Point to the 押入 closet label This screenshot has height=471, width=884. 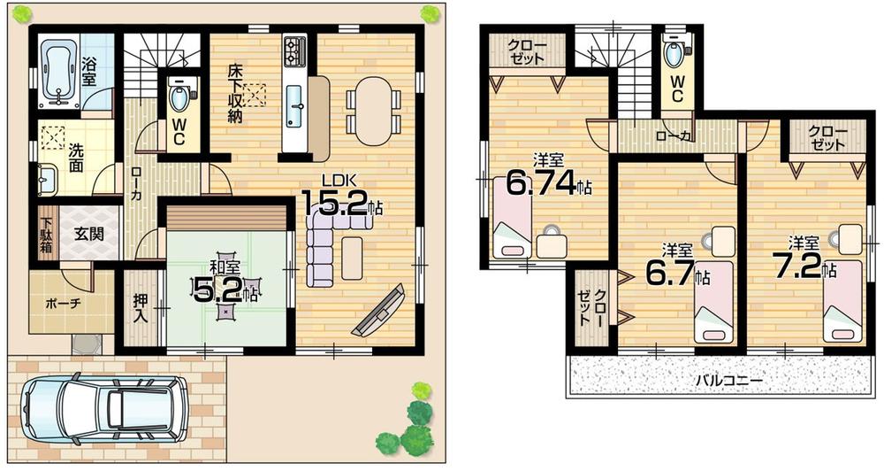[139, 309]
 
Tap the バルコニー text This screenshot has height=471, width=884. [728, 380]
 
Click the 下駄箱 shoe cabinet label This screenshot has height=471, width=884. [45, 235]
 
